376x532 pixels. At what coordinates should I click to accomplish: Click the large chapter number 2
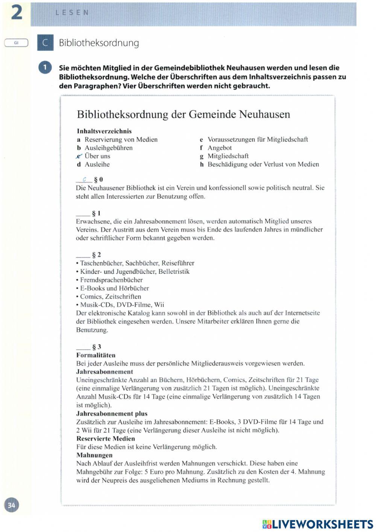tap(17, 12)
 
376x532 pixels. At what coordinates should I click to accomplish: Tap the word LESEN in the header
tap(72, 12)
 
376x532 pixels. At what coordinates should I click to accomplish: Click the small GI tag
tap(16, 43)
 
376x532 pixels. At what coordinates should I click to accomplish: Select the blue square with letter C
tap(45, 43)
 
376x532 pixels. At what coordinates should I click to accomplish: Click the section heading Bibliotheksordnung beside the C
tap(99, 43)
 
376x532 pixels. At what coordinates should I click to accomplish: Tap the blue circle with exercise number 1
tap(45, 68)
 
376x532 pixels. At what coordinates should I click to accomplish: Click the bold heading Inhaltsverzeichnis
tap(104, 131)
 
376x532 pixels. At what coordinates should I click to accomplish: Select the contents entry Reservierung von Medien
tap(121, 139)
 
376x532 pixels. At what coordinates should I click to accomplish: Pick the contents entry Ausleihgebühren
tap(108, 148)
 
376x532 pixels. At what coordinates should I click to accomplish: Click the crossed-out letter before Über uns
tap(79, 156)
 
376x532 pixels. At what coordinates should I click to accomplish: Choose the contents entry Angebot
tap(220, 148)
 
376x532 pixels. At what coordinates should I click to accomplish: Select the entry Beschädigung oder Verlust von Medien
tap(263, 164)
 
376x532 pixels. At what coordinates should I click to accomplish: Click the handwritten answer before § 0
tap(84, 180)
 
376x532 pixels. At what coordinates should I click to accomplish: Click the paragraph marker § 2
tap(97, 255)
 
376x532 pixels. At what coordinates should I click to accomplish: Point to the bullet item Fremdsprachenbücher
tap(111, 280)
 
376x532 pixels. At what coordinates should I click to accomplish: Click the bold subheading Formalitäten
tap(96, 355)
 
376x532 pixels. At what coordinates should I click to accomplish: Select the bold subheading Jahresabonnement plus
tap(112, 413)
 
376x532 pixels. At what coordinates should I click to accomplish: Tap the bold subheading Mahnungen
tap(94, 455)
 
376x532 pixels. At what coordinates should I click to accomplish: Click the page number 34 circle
tap(12, 505)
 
